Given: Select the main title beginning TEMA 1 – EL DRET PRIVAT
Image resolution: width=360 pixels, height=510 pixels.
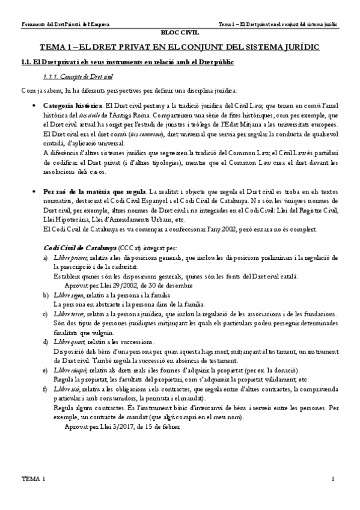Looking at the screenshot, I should (x=180, y=46).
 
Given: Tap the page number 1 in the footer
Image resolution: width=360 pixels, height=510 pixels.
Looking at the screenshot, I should (x=333, y=479).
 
